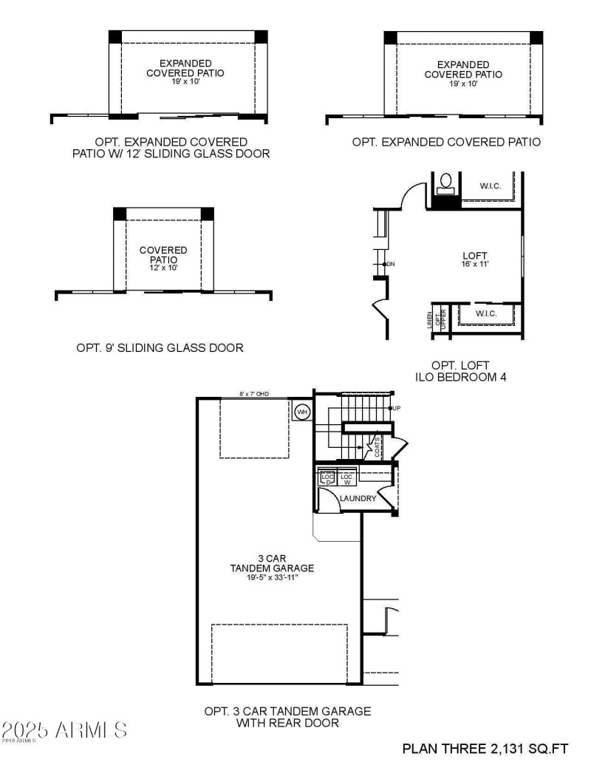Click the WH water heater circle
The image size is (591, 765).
302,412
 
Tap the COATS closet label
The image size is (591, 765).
378,447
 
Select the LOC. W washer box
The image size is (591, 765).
346,479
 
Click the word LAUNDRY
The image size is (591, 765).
358,499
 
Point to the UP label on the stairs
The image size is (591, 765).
397,408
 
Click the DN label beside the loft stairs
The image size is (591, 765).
391,264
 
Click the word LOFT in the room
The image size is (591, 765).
471,255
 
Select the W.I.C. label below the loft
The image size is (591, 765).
485,314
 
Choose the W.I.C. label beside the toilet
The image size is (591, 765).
490,186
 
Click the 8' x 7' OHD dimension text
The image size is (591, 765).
255,394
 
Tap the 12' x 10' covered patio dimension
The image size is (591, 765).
163,268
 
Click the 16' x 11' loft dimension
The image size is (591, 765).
471,264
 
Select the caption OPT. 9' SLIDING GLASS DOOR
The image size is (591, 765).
160,347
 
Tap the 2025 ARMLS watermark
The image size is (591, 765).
64,730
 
